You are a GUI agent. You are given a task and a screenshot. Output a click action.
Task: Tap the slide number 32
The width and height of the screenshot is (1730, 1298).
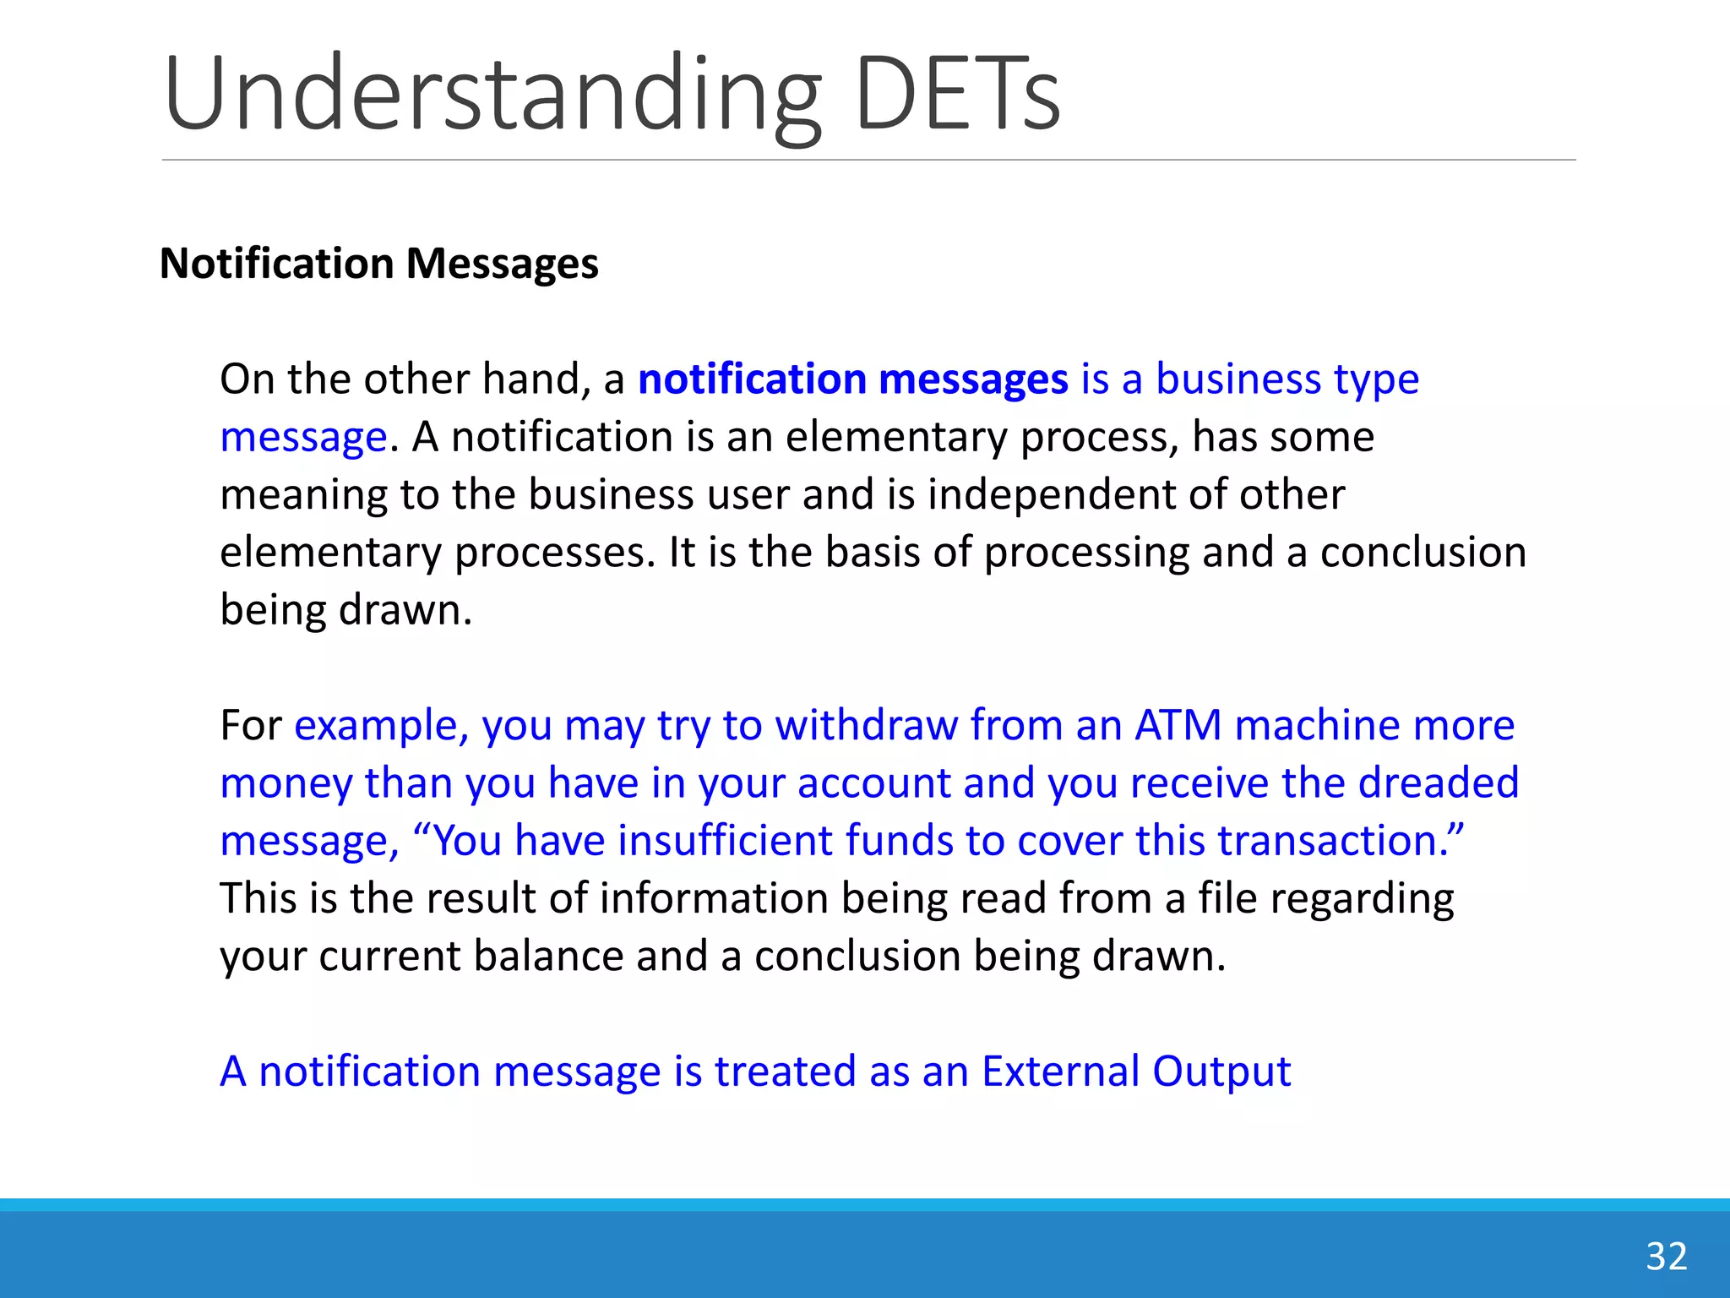pyautogui.click(x=1666, y=1257)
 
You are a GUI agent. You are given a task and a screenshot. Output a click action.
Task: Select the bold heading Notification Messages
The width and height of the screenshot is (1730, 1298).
pyautogui.click(x=379, y=264)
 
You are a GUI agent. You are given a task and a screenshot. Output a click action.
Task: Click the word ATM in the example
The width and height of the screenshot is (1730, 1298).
pyautogui.click(x=1178, y=725)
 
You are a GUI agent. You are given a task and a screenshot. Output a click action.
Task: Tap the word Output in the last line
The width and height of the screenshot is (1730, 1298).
pyautogui.click(x=1221, y=1072)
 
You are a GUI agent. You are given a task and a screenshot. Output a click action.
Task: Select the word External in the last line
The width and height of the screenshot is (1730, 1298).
pyautogui.click(x=1060, y=1072)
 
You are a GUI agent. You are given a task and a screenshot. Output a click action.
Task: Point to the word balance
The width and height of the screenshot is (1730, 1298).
pyautogui.click(x=548, y=957)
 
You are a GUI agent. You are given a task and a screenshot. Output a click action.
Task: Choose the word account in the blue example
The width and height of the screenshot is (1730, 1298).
pyautogui.click(x=873, y=783)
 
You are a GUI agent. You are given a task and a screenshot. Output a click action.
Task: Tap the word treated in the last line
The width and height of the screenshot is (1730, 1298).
pyautogui.click(x=785, y=1072)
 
